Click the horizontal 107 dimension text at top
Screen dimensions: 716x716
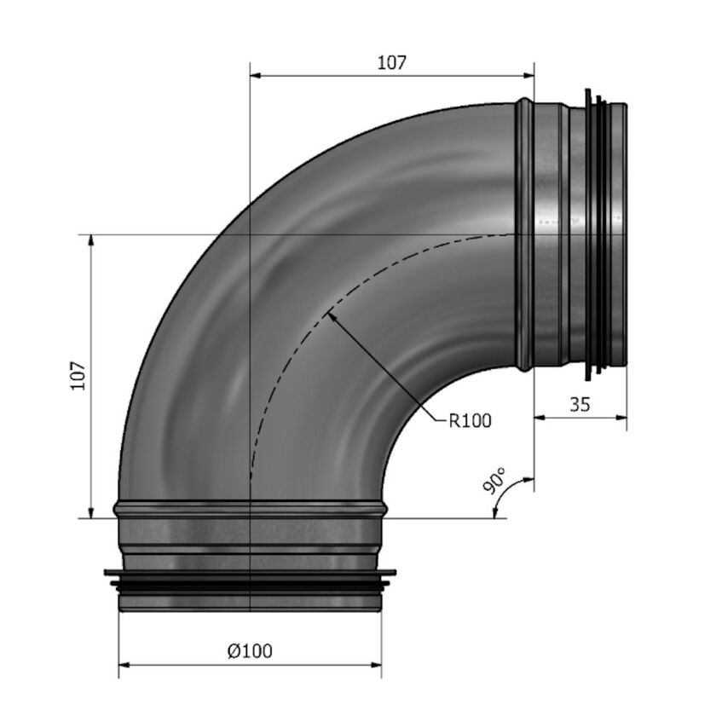pyautogui.click(x=391, y=62)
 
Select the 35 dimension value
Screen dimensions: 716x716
pyautogui.click(x=580, y=405)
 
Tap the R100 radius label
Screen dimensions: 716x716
pyautogui.click(x=470, y=419)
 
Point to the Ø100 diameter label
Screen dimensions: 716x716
pyautogui.click(x=250, y=651)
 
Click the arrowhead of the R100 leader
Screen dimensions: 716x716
pyautogui.click(x=331, y=316)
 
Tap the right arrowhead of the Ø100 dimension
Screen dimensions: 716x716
pyautogui.click(x=376, y=663)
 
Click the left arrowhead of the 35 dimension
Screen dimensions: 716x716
pyautogui.click(x=540, y=417)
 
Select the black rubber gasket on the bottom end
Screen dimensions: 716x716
pyautogui.click(x=250, y=582)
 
